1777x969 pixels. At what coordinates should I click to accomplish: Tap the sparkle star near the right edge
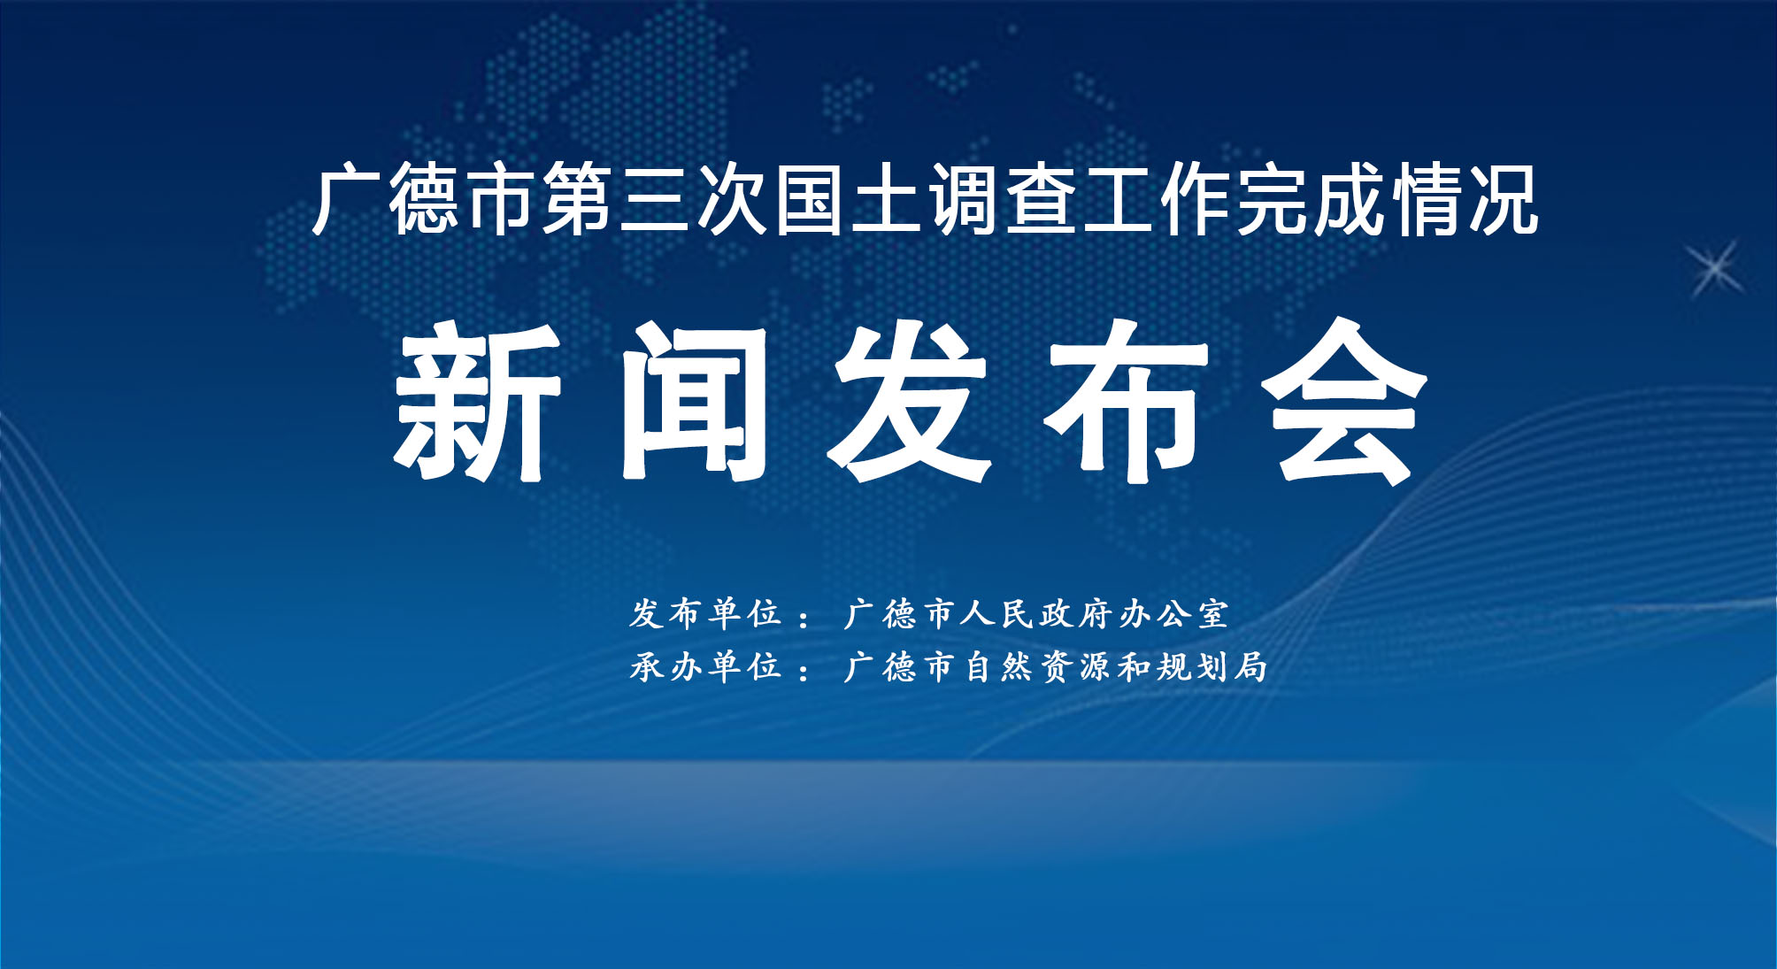click(x=1715, y=268)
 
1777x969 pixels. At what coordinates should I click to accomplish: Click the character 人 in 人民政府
click(x=978, y=613)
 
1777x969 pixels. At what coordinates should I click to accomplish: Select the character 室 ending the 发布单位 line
click(x=1213, y=613)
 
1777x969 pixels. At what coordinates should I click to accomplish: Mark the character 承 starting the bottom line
click(x=647, y=665)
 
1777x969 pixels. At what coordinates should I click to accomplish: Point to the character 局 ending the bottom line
click(x=1250, y=665)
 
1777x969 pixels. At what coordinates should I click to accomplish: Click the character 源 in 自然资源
click(x=1094, y=665)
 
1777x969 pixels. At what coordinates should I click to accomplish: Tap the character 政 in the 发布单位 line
click(x=1057, y=613)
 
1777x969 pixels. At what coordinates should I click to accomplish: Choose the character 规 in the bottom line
click(x=1173, y=665)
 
